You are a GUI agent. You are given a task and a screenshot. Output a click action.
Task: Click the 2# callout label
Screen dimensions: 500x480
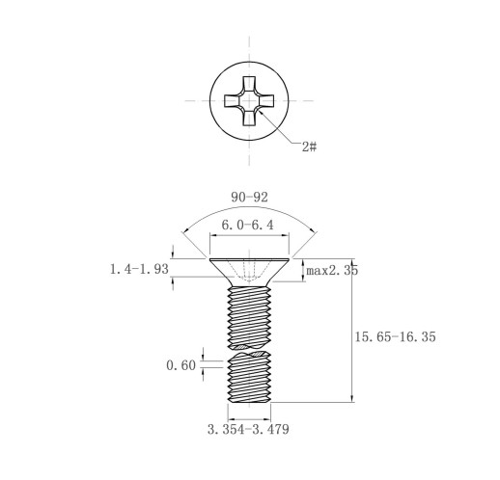309,147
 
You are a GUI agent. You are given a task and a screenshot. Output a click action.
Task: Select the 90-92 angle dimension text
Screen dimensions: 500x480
249,198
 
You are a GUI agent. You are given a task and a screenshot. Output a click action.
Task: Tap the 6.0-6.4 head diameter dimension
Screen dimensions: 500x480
247,225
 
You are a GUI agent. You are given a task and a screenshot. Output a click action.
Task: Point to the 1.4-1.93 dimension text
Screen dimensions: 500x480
139,269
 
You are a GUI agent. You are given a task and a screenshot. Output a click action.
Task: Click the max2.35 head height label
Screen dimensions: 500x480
332,271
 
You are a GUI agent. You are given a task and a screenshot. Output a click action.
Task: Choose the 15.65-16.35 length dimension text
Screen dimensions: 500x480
395,336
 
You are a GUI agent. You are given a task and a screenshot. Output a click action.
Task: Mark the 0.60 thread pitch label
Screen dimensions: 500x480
181,365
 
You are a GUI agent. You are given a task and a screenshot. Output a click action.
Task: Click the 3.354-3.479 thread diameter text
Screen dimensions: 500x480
248,429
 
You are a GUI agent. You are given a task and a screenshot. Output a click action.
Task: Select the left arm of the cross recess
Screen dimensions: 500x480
233,101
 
